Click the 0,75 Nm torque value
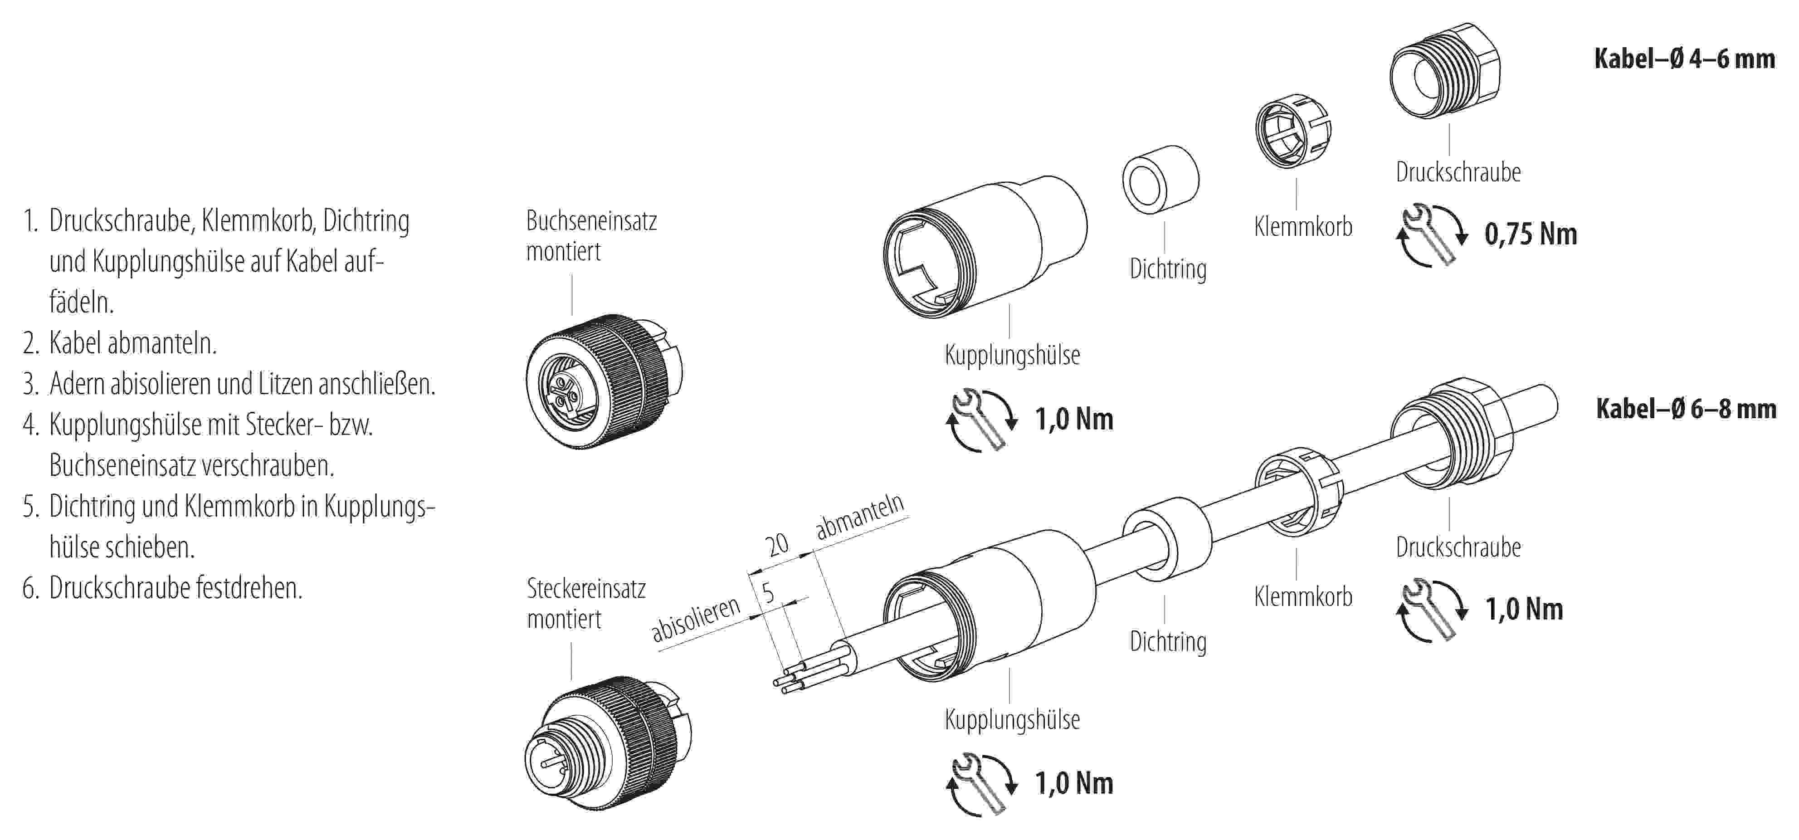click(1530, 234)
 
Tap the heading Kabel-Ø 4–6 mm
click(1684, 59)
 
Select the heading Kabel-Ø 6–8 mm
click(1685, 409)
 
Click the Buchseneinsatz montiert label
click(591, 236)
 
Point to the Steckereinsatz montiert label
click(586, 603)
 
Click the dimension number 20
click(776, 545)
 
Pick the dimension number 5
click(768, 593)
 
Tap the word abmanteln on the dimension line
click(860, 516)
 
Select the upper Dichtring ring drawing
click(1160, 180)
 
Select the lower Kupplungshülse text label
click(1012, 719)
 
